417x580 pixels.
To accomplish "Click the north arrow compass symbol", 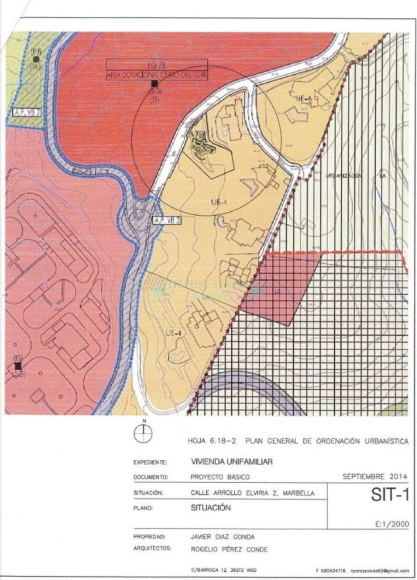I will (x=144, y=433).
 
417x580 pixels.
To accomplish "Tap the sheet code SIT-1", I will (x=389, y=495).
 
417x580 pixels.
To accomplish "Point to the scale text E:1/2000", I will (x=392, y=524).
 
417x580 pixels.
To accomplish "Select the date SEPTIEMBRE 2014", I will (x=375, y=476).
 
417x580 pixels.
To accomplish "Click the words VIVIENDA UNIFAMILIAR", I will (x=231, y=462).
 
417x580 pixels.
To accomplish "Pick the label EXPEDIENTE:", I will (x=150, y=463).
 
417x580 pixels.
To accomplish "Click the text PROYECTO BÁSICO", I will (x=220, y=477).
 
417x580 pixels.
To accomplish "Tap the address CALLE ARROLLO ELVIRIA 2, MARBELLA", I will (x=252, y=493).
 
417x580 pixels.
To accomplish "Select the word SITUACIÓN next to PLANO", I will (x=210, y=508).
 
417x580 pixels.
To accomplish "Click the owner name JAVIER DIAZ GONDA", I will (x=222, y=537).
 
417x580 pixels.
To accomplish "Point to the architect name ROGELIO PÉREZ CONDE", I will (x=229, y=550).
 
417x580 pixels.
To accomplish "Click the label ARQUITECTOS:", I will (x=152, y=549).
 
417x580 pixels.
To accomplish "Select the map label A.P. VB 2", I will (x=26, y=112).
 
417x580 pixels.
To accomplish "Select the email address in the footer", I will (x=379, y=571).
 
